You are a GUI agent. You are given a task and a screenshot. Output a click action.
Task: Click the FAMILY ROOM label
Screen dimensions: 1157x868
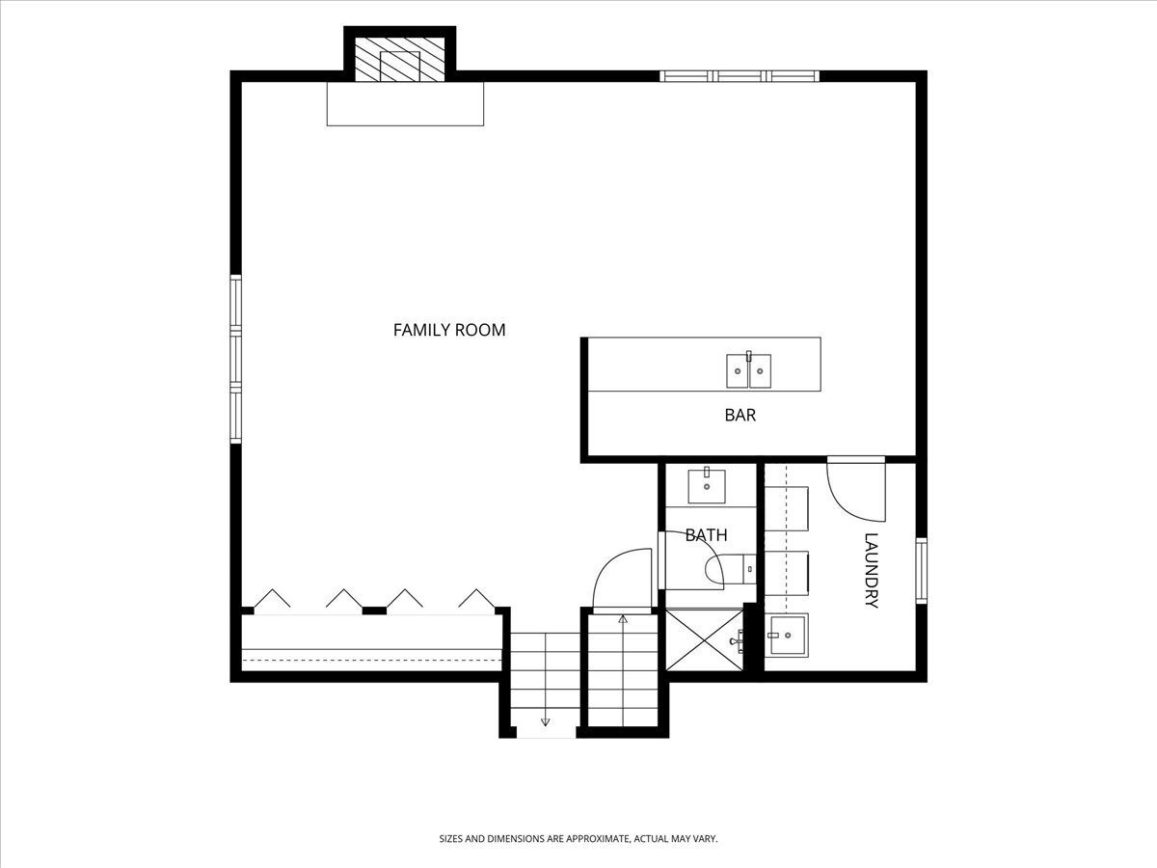click(449, 330)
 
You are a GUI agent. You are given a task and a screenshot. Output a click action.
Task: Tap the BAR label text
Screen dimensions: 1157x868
click(740, 416)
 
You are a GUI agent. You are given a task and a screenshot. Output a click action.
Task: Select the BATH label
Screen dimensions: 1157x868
click(706, 535)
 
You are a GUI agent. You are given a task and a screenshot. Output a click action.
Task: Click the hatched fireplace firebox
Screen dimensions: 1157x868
click(399, 60)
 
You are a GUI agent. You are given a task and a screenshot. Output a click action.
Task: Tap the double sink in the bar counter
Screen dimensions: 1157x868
click(748, 370)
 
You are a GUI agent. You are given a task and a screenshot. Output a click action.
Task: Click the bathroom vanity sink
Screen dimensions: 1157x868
click(707, 485)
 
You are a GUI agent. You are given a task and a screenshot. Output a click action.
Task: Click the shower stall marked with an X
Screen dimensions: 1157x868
click(704, 640)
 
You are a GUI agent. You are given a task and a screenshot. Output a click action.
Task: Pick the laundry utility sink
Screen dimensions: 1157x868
click(787, 635)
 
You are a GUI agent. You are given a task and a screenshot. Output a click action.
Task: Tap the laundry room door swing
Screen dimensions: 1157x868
click(856, 489)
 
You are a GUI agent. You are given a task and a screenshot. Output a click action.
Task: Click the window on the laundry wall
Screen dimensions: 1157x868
click(922, 570)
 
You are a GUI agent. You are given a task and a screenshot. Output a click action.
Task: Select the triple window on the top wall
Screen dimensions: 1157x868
click(740, 76)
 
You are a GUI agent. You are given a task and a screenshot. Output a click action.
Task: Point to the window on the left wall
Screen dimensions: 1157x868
click(235, 360)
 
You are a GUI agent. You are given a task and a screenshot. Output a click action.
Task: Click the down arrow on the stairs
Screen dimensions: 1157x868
click(545, 721)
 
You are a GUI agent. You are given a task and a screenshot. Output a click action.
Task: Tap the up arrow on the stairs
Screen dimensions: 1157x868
click(623, 619)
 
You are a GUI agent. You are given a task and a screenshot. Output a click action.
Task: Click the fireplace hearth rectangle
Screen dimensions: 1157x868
click(405, 104)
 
